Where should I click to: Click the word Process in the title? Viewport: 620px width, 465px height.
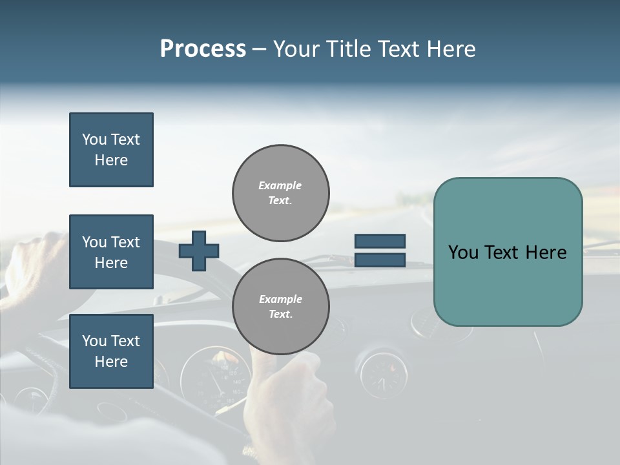click(x=203, y=49)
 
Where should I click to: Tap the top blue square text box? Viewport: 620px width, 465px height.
click(x=111, y=150)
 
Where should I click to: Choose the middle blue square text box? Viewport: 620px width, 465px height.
click(x=111, y=252)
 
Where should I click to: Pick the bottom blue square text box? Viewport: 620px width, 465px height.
click(x=111, y=351)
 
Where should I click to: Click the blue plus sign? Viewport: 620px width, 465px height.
click(x=199, y=250)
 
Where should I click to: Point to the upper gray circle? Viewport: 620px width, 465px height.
click(x=281, y=192)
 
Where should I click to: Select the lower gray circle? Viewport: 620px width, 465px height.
click(x=281, y=306)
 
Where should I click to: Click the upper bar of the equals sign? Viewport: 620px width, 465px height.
click(x=380, y=241)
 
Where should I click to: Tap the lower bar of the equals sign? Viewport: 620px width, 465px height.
click(x=380, y=260)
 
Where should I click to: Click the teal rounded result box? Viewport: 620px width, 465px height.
click(x=508, y=252)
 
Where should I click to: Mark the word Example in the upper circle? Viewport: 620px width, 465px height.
click(x=280, y=185)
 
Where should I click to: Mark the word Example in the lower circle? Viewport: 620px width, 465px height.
click(x=280, y=299)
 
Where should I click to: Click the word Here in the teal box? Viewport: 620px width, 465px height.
click(x=546, y=253)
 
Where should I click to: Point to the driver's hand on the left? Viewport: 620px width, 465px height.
click(x=32, y=265)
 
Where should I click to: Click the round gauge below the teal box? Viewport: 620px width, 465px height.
click(x=384, y=375)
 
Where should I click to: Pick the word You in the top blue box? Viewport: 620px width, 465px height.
click(x=94, y=139)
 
